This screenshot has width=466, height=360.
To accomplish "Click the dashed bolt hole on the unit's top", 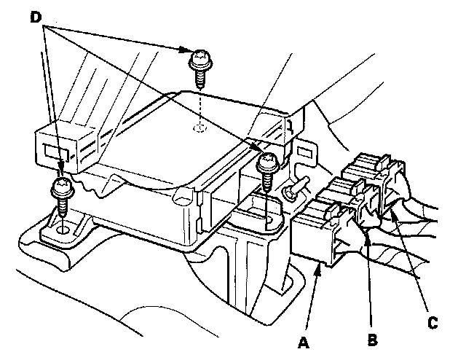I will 200,129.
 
